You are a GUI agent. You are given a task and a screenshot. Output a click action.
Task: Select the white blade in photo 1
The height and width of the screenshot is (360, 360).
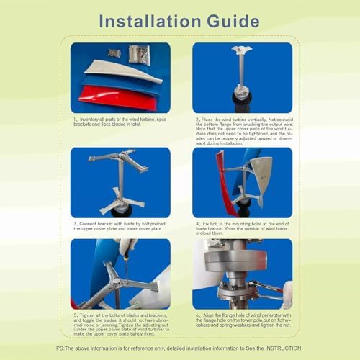(115, 71)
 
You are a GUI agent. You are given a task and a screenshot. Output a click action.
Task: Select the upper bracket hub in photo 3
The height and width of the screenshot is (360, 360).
(120, 158)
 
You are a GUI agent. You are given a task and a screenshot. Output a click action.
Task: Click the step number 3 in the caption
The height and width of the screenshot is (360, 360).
(74, 223)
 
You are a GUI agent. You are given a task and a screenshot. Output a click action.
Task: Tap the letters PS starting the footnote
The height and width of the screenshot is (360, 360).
(60, 348)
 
